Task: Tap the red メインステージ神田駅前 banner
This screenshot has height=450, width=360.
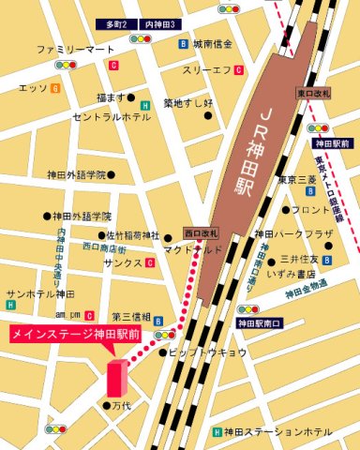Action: (x=76, y=333)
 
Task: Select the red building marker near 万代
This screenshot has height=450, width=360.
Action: (x=116, y=377)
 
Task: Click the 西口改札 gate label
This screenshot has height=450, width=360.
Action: (x=200, y=232)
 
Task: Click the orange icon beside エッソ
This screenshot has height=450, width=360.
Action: (x=56, y=88)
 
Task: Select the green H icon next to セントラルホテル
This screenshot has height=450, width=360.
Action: (x=145, y=105)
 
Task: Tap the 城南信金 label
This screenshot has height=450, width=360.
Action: (x=212, y=44)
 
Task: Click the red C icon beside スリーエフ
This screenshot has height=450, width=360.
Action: (x=240, y=69)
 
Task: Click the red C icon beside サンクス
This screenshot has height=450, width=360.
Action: (x=150, y=264)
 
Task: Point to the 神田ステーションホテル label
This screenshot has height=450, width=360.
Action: (x=278, y=430)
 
